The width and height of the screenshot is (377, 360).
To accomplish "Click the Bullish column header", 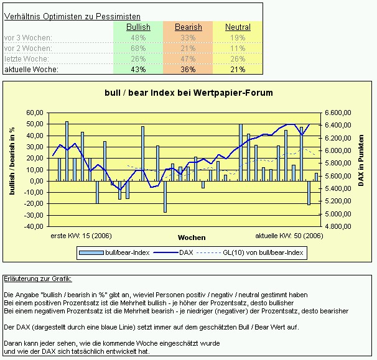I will (138, 27).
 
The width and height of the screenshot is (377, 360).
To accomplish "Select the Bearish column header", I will (188, 27).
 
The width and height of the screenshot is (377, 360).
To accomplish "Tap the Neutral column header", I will (238, 27).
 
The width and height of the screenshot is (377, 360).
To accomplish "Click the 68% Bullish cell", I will (138, 48).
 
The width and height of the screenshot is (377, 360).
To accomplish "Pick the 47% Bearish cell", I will (188, 59).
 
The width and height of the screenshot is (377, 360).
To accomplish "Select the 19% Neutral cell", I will (238, 38).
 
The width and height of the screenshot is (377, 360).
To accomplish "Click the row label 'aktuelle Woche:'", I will (31, 70).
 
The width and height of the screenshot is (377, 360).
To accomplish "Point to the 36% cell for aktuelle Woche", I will (188, 70).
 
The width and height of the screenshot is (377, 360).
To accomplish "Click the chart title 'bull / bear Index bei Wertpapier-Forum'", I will (188, 93).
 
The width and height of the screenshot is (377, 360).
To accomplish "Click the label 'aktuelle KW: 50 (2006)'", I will (289, 236).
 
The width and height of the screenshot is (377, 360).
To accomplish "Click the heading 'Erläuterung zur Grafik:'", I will (37, 278).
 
